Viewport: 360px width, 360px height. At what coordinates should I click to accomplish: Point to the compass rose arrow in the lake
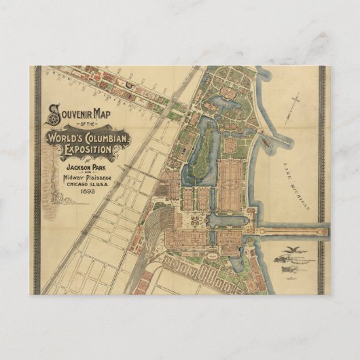pos(296,109)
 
